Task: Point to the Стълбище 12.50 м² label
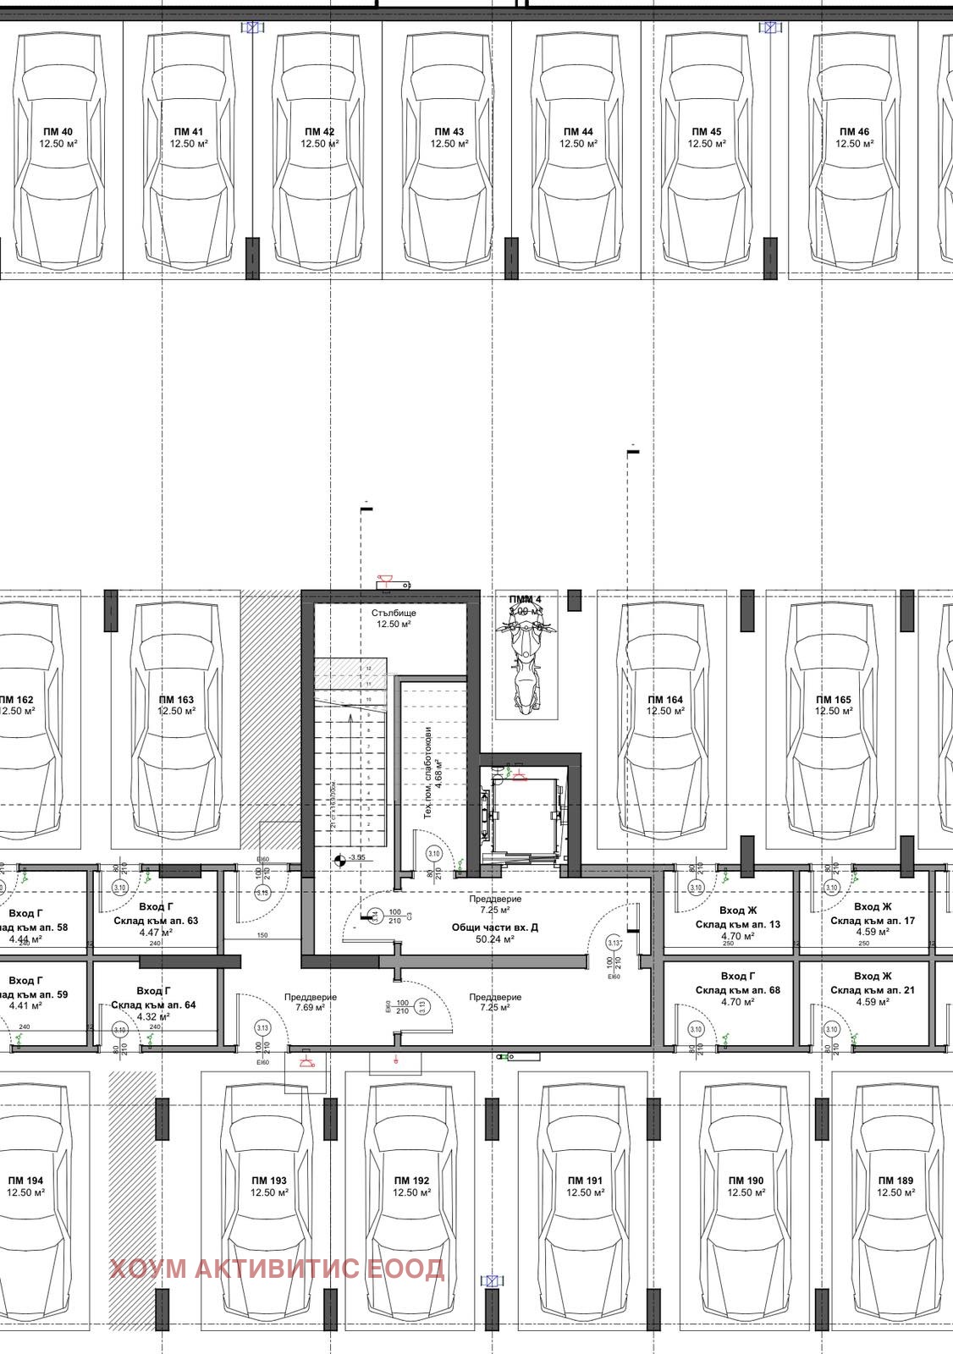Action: (x=394, y=618)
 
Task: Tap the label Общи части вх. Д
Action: (x=494, y=927)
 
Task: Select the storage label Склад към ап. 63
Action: (x=156, y=920)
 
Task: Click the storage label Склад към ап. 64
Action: (x=153, y=1004)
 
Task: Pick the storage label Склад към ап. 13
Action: (x=738, y=924)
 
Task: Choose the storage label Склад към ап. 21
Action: (x=873, y=989)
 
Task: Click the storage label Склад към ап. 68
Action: (x=738, y=989)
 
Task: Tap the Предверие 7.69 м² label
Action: (x=310, y=1002)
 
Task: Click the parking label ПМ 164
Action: (x=665, y=705)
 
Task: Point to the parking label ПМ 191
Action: (x=585, y=1186)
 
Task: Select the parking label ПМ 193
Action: (x=269, y=1186)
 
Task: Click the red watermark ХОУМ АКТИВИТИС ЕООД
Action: (x=277, y=1269)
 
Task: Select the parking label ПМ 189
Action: (x=895, y=1186)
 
